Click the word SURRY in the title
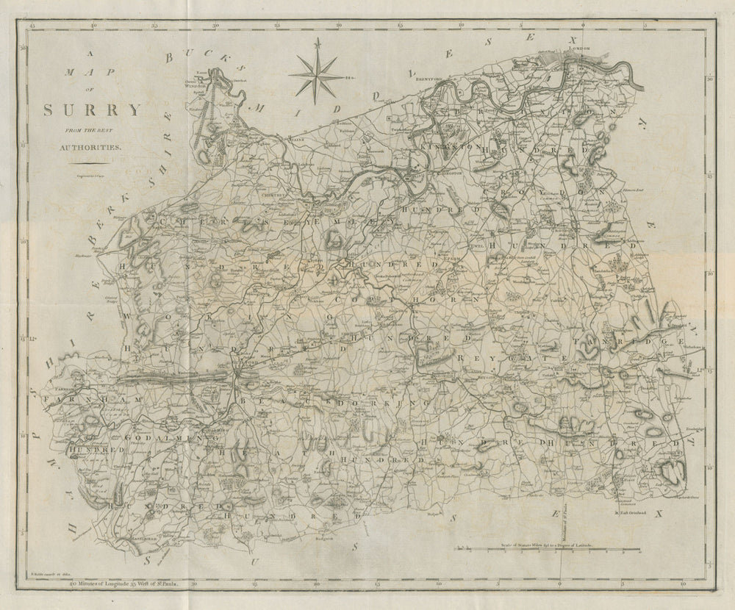(92, 111)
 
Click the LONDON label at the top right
(581, 49)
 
